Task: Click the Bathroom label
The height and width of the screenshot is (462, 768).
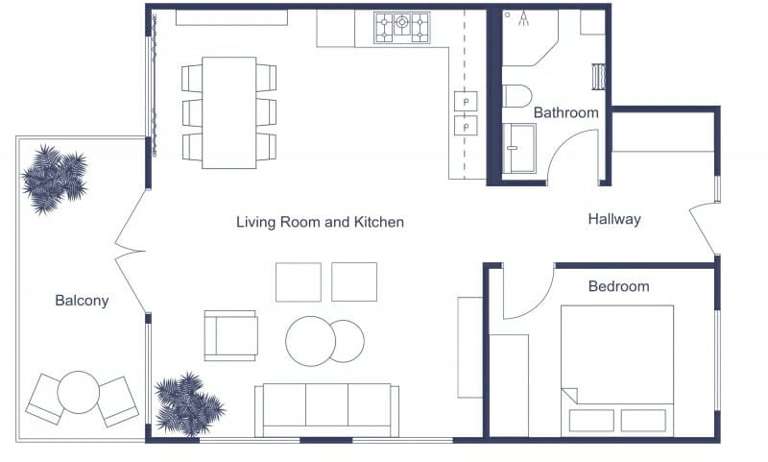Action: coord(565,112)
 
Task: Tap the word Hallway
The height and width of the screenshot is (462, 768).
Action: coord(613,219)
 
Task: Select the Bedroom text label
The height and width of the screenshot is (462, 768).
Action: coord(618,286)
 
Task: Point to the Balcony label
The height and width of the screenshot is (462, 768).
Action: coord(82,301)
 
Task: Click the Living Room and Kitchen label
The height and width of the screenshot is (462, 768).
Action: coord(320,222)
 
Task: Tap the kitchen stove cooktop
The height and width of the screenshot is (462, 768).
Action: coord(402,27)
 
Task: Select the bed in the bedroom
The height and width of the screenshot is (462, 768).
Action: coord(616,370)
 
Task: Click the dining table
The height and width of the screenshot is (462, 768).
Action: coord(228,111)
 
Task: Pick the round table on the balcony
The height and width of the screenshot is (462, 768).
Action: coord(79,391)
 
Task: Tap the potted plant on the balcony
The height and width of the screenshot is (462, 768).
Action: coord(54,177)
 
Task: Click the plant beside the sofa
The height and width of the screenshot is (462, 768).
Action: coord(188,404)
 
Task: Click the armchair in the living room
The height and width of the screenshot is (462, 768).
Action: coord(231,334)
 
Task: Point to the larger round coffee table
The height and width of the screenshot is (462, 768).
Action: coord(310,341)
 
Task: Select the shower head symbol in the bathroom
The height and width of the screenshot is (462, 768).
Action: coord(522,17)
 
